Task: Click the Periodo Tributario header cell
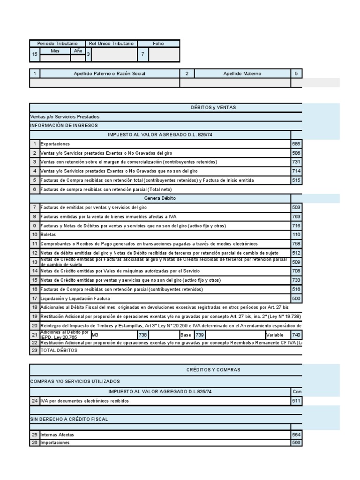tap(57, 43)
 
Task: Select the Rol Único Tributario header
tap(111, 43)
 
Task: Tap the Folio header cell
tap(158, 43)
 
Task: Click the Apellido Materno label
tap(242, 74)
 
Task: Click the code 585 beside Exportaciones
tap(296, 144)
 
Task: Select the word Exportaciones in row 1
tap(55, 144)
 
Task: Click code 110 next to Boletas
tap(296, 234)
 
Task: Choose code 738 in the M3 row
tap(143, 335)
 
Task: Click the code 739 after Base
tap(200, 335)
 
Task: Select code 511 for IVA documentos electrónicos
tap(296, 401)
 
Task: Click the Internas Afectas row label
tap(57, 435)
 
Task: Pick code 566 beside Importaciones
tap(296, 442)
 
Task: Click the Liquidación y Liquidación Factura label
tap(75, 298)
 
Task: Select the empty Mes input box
tap(55, 59)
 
